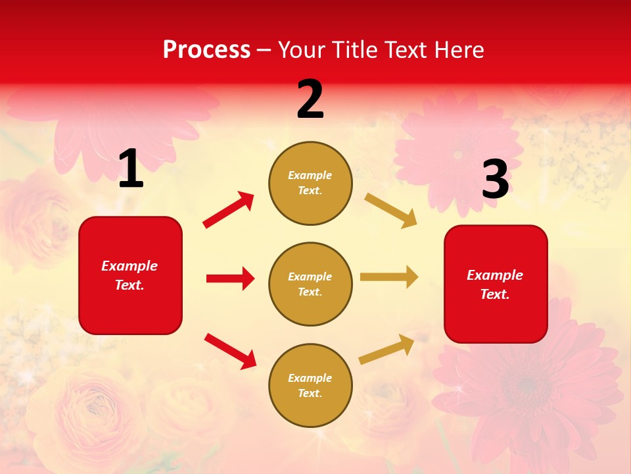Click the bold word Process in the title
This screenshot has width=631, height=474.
[x=206, y=50]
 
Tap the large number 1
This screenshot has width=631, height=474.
[x=131, y=169]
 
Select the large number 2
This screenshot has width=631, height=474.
[x=310, y=99]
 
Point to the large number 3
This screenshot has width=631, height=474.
[x=495, y=179]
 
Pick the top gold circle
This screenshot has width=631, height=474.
[x=310, y=183]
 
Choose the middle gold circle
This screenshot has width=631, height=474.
[x=310, y=284]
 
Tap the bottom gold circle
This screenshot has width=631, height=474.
[x=310, y=385]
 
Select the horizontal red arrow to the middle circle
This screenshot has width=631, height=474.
[x=230, y=278]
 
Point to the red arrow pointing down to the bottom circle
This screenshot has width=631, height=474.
[x=230, y=350]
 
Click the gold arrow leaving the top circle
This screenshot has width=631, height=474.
[x=390, y=211]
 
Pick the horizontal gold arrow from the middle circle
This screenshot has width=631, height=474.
[x=389, y=277]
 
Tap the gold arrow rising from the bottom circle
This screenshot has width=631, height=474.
[x=386, y=350]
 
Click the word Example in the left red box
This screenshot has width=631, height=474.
[x=129, y=266]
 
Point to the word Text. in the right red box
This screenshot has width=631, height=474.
[x=495, y=294]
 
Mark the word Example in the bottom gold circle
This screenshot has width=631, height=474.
[x=310, y=378]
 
